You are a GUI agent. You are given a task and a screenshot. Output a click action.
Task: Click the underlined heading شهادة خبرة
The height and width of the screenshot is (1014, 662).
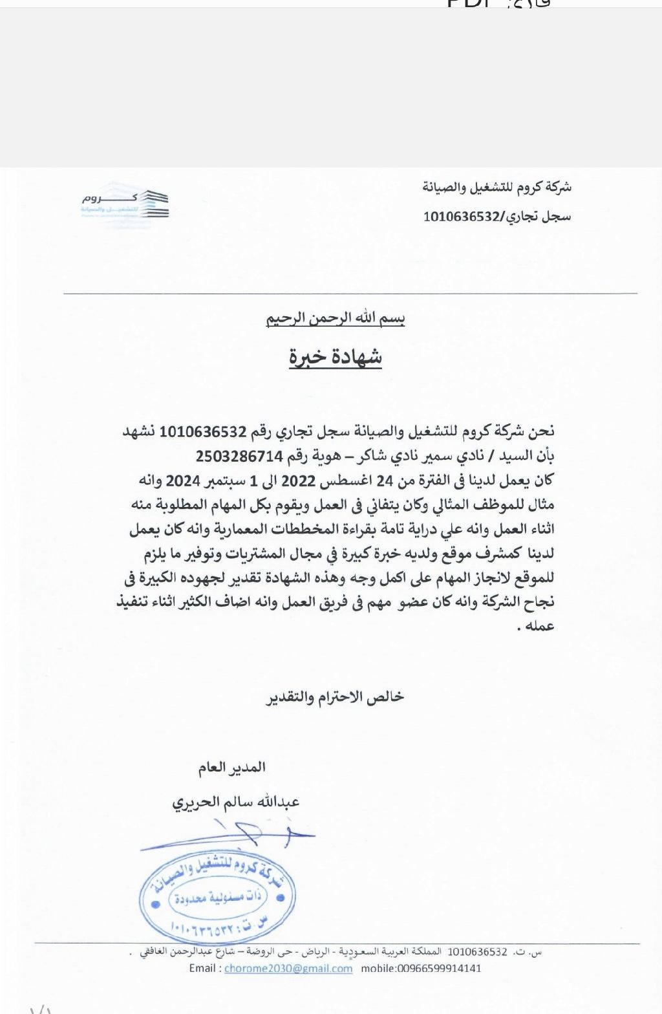point(335,357)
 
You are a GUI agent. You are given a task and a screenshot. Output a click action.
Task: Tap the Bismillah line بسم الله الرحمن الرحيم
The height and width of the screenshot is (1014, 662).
point(336,318)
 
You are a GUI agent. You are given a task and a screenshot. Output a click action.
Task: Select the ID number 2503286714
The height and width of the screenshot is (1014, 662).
point(240,456)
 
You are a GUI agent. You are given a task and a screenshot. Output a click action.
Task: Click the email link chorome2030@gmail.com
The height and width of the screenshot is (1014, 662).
point(288,968)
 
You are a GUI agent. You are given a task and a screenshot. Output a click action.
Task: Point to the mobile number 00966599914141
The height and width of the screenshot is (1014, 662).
point(421,968)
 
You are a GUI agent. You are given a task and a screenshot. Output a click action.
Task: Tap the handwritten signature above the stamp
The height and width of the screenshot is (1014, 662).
point(233,835)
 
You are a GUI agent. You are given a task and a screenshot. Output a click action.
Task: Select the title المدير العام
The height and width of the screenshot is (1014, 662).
point(231,768)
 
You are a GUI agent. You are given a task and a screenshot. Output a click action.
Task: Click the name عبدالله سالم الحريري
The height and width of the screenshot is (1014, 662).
point(235,803)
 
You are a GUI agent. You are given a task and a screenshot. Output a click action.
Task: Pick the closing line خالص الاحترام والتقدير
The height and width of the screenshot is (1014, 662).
point(335,696)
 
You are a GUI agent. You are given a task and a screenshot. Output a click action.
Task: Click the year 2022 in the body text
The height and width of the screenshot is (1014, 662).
point(297,480)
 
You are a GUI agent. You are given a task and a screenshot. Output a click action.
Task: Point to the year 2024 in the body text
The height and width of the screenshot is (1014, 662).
point(185,480)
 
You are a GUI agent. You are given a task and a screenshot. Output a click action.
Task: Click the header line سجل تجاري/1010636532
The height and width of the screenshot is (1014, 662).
point(496,217)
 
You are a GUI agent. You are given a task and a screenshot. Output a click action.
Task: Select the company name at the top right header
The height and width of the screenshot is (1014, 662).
point(496,188)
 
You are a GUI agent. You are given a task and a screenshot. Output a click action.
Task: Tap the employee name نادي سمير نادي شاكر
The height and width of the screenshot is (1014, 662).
point(404,456)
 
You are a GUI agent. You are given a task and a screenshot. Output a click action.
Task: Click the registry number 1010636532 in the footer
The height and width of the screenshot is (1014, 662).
point(477,952)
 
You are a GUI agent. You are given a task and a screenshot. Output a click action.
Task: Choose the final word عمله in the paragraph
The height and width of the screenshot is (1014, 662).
point(541,626)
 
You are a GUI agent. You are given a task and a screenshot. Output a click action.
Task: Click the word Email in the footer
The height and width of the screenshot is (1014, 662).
point(204,968)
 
